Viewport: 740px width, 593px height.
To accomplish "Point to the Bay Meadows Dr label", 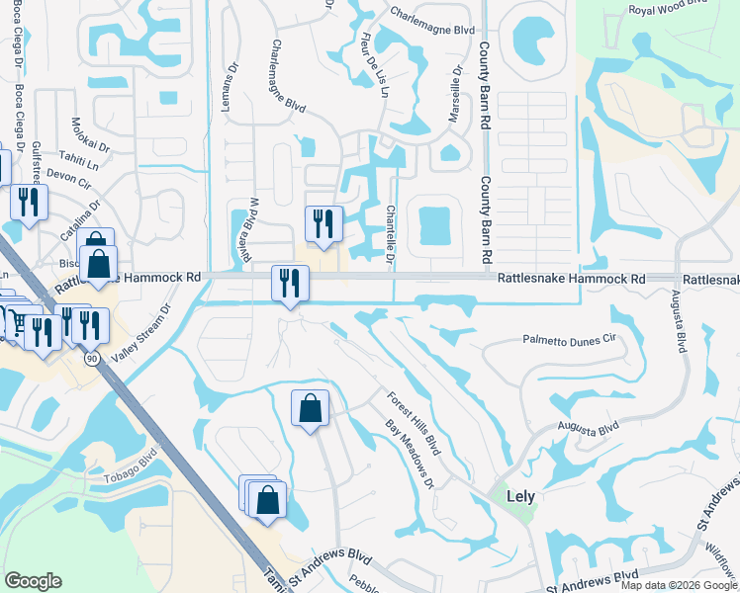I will tap(411, 454).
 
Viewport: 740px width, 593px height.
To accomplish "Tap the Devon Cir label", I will tap(67, 175).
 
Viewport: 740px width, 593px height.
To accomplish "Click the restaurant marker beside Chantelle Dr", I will tap(323, 223).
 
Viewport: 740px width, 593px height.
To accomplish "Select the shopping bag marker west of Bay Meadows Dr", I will tap(310, 407).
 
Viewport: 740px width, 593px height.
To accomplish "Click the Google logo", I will tap(33, 581).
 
